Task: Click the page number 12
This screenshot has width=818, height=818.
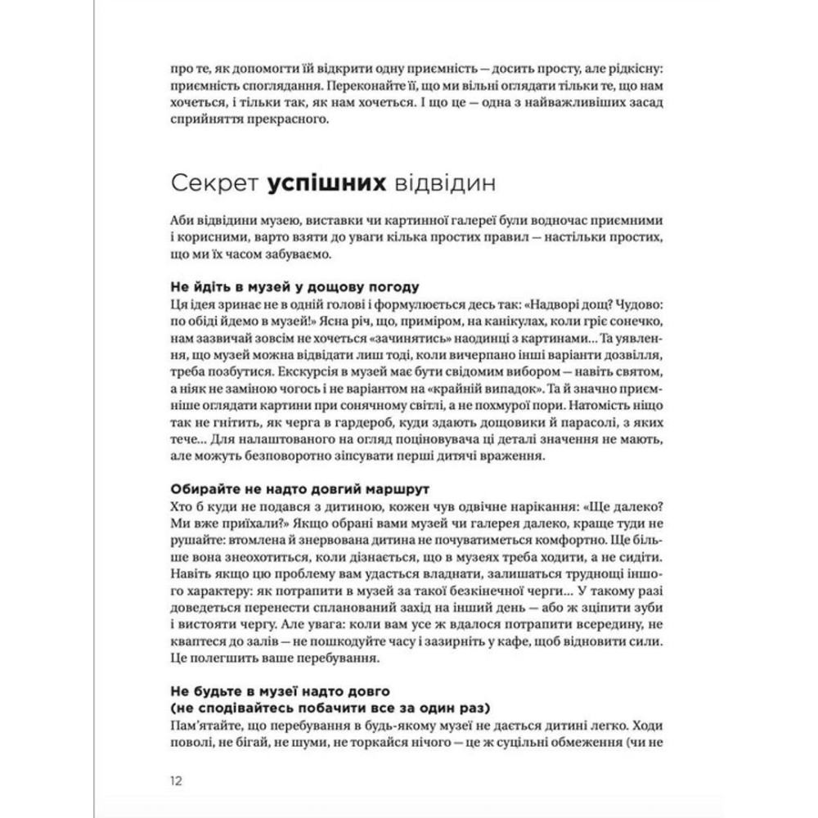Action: tap(176, 780)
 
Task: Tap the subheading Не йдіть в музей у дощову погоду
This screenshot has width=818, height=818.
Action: tap(294, 287)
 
